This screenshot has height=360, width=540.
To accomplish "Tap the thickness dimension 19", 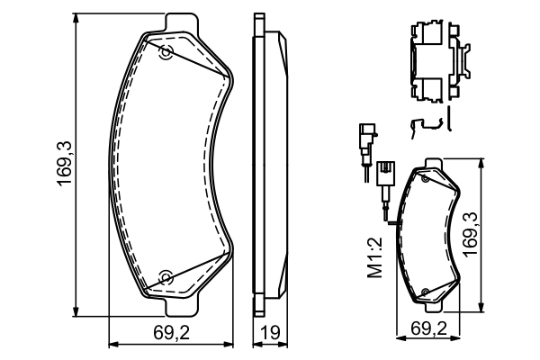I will [267, 332].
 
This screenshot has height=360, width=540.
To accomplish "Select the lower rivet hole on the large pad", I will [166, 275].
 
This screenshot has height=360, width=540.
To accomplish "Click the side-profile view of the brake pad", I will [266, 162].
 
